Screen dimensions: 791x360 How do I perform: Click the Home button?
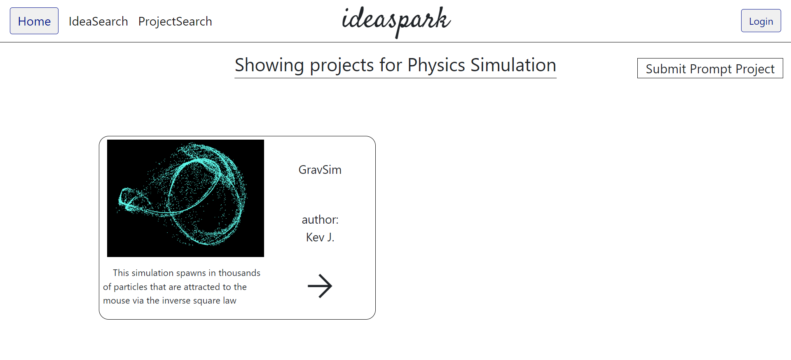pyautogui.click(x=34, y=21)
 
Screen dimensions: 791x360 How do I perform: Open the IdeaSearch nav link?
pyautogui.click(x=98, y=21)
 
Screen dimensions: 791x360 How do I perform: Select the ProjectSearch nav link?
pyautogui.click(x=175, y=21)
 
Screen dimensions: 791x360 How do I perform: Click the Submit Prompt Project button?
pyautogui.click(x=710, y=68)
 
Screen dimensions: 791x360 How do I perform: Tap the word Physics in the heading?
pyautogui.click(x=436, y=65)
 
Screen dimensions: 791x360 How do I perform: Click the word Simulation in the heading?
pyautogui.click(x=513, y=65)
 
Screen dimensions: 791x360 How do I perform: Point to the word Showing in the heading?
pyautogui.click(x=269, y=65)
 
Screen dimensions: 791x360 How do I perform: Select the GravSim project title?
pyautogui.click(x=320, y=170)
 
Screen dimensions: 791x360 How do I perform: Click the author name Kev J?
pyautogui.click(x=320, y=237)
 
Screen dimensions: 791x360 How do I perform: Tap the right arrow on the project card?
pyautogui.click(x=320, y=286)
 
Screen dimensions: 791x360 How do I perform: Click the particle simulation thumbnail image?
pyautogui.click(x=185, y=198)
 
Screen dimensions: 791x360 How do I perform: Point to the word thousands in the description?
pyautogui.click(x=239, y=273)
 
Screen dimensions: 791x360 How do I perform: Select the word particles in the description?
pyautogui.click(x=131, y=287)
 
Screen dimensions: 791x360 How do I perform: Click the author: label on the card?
pyautogui.click(x=320, y=220)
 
